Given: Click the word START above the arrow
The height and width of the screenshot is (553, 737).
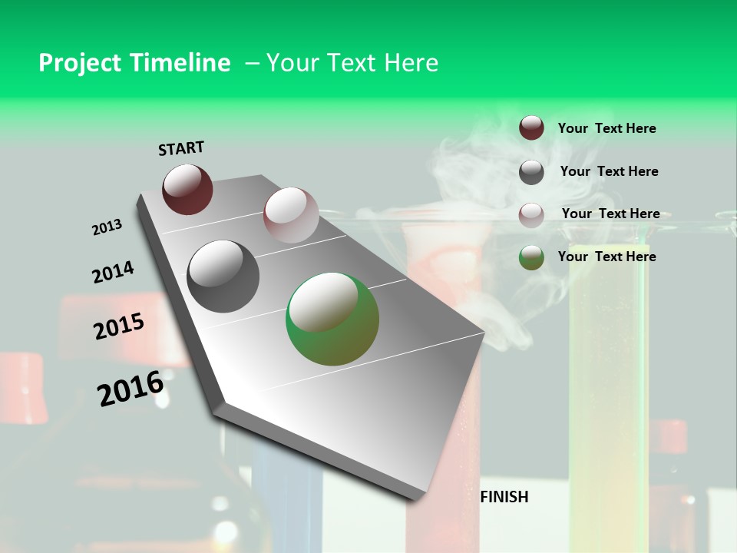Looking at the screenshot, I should coord(181,147).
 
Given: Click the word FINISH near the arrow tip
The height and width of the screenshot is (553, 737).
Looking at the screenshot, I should coord(504,497).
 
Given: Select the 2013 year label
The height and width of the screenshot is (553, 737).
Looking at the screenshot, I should coord(107,227).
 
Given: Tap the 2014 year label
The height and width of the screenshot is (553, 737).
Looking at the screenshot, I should coord(113,272).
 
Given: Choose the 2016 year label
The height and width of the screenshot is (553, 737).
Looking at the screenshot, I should coord(131,388).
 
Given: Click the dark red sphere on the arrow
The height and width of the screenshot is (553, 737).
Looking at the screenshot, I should coord(187,189).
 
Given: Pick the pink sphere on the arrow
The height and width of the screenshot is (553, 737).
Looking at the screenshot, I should coord(291,215).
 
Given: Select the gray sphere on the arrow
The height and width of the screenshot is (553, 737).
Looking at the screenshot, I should coord(223,276).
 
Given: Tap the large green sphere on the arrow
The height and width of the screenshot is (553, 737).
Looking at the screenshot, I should coord(332,319).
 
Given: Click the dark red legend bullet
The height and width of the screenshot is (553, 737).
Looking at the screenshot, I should coord(531,128).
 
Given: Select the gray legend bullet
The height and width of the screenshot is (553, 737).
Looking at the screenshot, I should coord(531,172).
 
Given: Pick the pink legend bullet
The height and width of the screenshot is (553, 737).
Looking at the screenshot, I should coord(531,215).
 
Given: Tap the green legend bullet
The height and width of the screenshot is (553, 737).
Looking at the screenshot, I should coord(531,257).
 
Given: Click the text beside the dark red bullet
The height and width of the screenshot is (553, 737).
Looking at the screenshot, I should coord(606,128).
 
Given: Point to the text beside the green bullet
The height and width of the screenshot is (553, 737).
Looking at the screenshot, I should coord(606,257).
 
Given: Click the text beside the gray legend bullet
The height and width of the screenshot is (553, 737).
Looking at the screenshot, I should coord(609,171).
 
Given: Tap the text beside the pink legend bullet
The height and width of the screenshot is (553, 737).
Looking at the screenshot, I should coord(610,214).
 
